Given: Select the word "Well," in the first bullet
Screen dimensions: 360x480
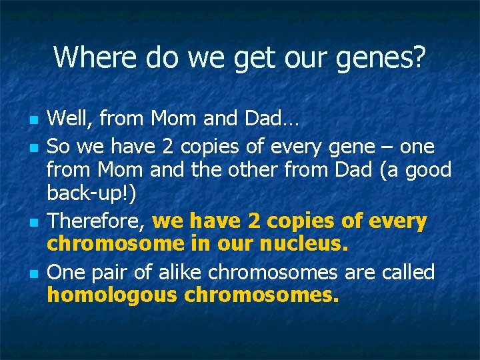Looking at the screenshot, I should (73, 120).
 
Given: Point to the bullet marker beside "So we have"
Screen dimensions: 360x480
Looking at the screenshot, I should (33, 147).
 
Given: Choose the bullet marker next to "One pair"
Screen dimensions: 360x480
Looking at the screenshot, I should (33, 274).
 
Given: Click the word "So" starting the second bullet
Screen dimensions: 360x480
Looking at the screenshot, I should (58, 145).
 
